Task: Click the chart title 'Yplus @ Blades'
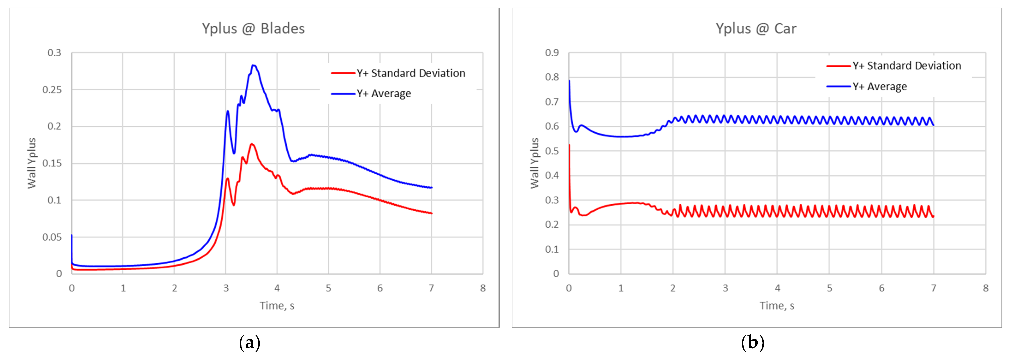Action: tap(253, 29)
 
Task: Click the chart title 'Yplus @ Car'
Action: tap(756, 29)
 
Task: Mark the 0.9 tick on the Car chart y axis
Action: tap(552, 53)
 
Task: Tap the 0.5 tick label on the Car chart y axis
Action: tap(552, 151)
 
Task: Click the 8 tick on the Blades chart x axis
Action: tap(483, 288)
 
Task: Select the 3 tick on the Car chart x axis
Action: tap(725, 288)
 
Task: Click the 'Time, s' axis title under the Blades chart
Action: tap(277, 306)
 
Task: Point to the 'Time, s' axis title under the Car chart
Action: tap(777, 306)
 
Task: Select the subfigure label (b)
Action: tap(752, 343)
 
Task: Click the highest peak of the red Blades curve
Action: tap(252, 144)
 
